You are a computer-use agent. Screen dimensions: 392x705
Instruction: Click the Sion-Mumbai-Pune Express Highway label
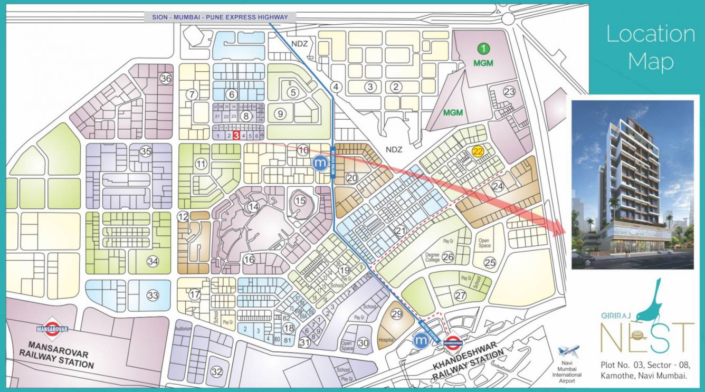point(221,17)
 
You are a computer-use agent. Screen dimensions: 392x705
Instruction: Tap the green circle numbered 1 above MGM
point(484,49)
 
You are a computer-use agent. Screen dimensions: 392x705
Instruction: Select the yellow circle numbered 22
point(478,151)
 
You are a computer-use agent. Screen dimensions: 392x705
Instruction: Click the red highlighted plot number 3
point(236,136)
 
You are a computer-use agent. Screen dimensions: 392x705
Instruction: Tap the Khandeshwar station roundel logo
point(454,341)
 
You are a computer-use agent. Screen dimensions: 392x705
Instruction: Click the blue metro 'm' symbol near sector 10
point(320,163)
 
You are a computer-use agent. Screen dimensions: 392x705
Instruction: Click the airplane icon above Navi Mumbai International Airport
point(568,351)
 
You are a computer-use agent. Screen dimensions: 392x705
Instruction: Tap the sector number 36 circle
point(166,79)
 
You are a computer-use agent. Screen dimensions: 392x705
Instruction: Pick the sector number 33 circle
point(153,295)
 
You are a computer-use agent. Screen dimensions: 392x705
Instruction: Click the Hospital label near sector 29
point(386,340)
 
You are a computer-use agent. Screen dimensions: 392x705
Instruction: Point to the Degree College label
point(432,257)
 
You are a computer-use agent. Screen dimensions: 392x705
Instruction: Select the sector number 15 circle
point(300,200)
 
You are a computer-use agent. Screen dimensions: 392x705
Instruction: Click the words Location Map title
point(650,47)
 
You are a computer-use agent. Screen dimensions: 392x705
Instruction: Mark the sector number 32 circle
point(216,371)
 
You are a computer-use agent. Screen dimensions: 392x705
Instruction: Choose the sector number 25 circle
point(490,262)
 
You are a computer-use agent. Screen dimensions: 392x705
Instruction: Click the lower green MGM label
point(453,113)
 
